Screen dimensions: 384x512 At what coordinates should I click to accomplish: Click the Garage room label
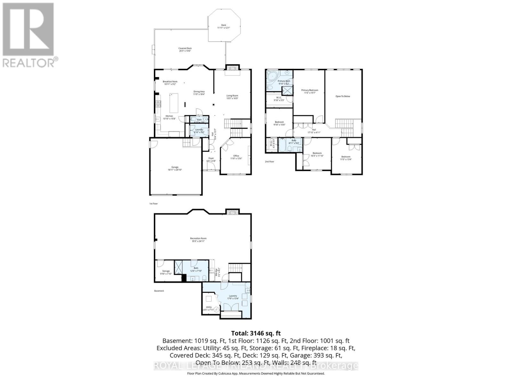coord(175,168)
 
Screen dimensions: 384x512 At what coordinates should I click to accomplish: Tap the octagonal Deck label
coord(224,26)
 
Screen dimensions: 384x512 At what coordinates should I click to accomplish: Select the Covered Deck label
coord(185,49)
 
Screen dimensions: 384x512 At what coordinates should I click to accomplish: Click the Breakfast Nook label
coord(170,83)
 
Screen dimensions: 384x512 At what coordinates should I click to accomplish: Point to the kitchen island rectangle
coord(174,101)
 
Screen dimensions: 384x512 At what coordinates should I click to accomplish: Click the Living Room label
coord(232,97)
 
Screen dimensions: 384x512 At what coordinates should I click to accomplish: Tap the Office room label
coord(236,157)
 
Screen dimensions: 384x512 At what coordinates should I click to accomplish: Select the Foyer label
coord(211,159)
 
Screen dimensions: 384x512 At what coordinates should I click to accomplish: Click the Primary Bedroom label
coord(310,92)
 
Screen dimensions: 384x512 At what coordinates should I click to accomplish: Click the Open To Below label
coord(343,96)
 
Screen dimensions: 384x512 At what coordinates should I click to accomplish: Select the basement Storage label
coord(166,272)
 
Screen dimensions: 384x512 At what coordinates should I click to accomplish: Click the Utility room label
coord(209,308)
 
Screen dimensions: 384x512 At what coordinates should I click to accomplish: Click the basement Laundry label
coord(233,297)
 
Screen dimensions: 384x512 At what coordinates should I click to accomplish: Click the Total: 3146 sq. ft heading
coord(256,333)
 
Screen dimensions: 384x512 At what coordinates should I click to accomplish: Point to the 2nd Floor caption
coord(269,162)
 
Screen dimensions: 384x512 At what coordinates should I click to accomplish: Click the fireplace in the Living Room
coord(232,68)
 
